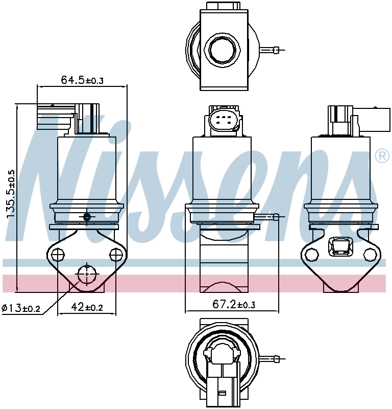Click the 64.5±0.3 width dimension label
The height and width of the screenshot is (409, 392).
tap(82, 80)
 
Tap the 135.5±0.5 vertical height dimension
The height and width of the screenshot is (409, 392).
tap(11, 194)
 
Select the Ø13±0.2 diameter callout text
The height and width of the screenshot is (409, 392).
tap(21, 308)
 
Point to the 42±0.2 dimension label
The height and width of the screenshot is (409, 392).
tap(87, 307)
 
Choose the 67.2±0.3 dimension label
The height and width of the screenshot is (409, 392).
tap(234, 304)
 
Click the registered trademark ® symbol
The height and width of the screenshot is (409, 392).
tap(382, 156)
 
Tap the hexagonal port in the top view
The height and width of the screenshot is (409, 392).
tap(222, 50)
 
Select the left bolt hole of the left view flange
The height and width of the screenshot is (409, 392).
tap(58, 254)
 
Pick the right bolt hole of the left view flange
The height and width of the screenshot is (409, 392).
tap(116, 254)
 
